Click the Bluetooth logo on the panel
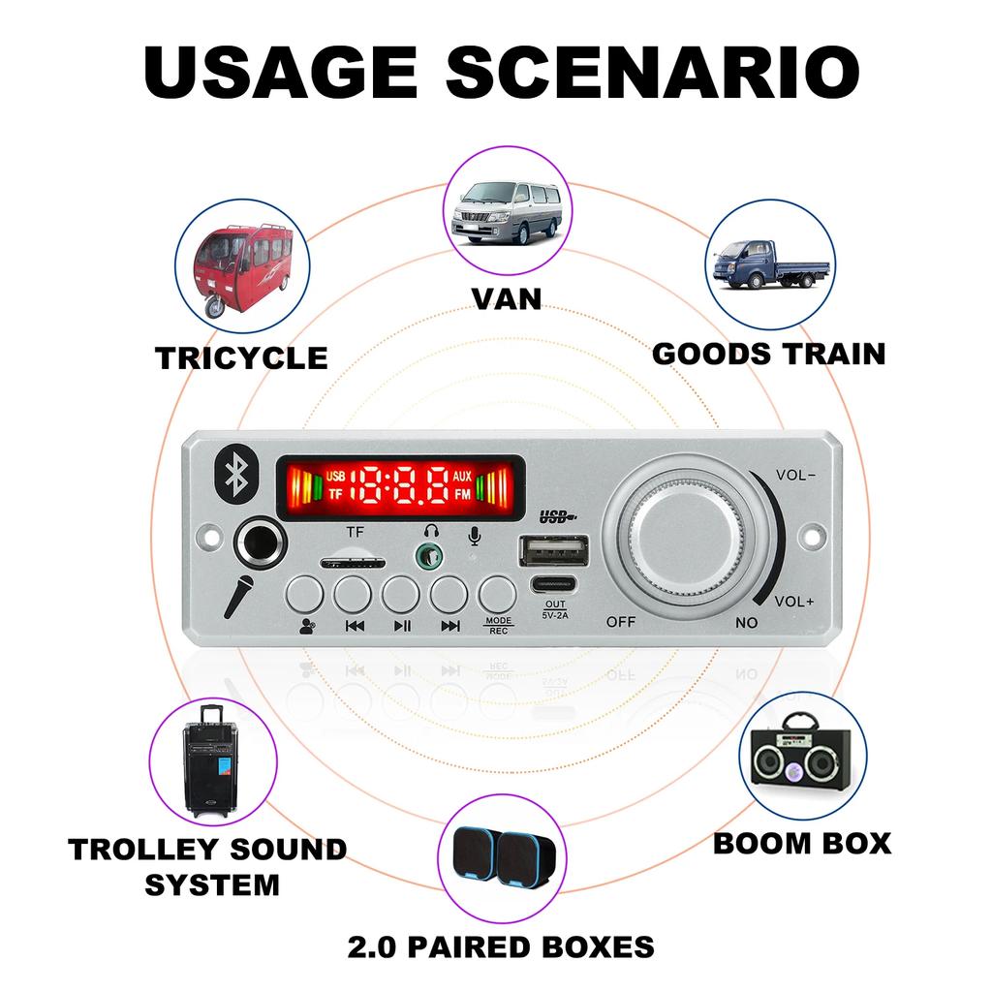[237, 474]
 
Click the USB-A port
[554, 550]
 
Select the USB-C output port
[554, 583]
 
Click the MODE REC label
[499, 626]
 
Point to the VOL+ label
[794, 601]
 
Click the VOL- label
[796, 475]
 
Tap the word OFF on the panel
[621, 622]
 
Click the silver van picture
[508, 212]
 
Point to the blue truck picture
[770, 264]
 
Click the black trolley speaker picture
[211, 760]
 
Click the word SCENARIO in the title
[653, 72]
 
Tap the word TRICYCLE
[241, 358]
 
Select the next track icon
[450, 627]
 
